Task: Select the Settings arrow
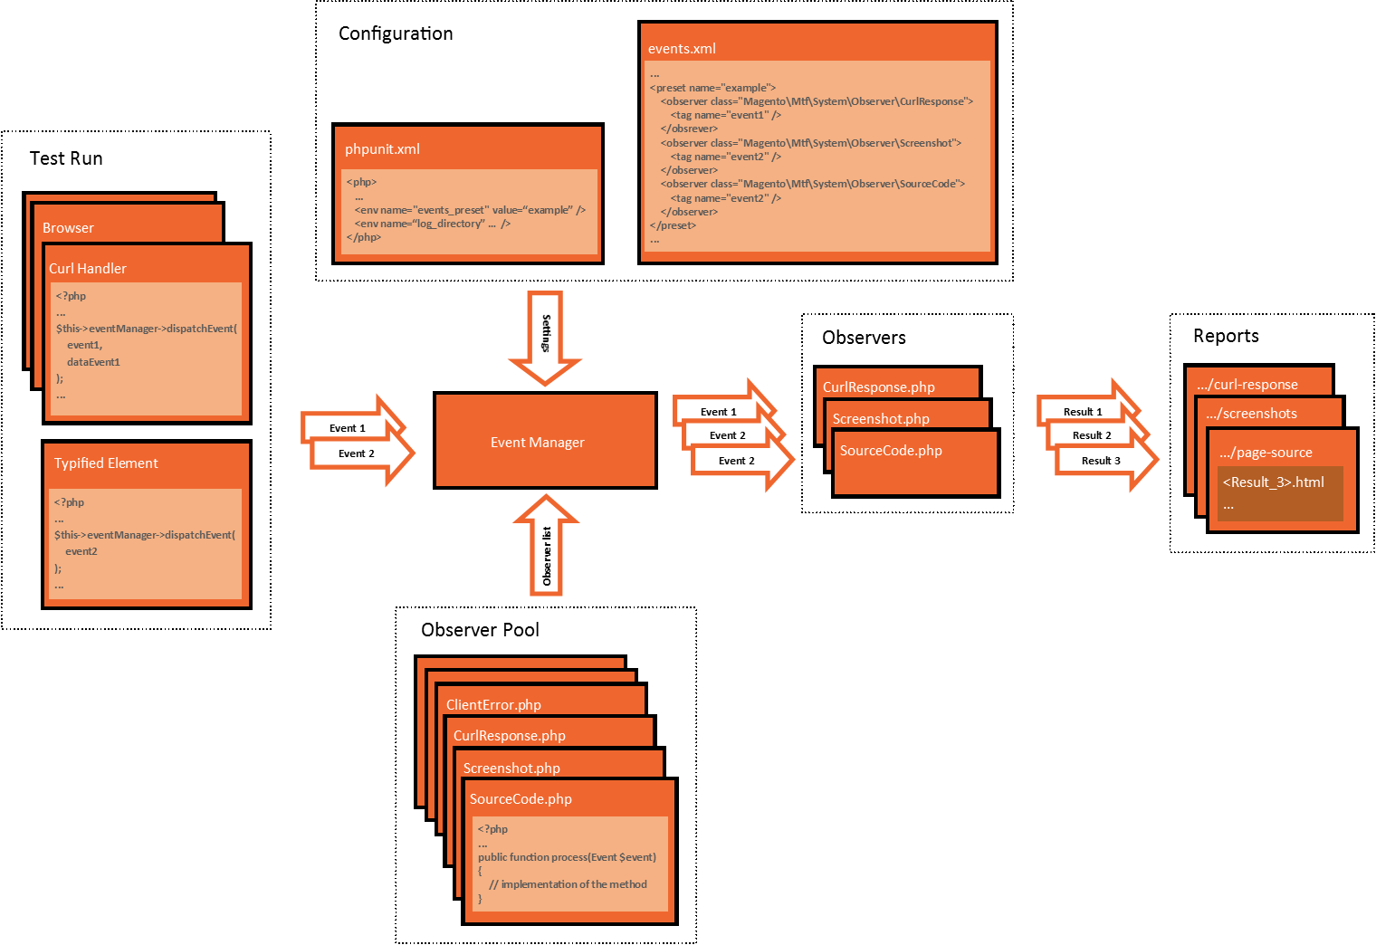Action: (x=545, y=335)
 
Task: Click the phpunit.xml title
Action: (x=382, y=149)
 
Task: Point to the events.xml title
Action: (x=682, y=49)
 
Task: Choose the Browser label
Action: (x=68, y=228)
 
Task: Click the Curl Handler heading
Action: (x=88, y=269)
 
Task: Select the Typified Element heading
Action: (x=106, y=463)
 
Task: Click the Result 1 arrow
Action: (x=1084, y=412)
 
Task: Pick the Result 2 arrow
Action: (x=1093, y=435)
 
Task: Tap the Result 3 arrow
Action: (x=1102, y=461)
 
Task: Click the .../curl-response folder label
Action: (x=1247, y=385)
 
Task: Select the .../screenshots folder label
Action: (x=1252, y=414)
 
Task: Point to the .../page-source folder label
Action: (x=1266, y=453)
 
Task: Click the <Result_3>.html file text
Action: (x=1273, y=482)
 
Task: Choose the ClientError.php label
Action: (x=493, y=705)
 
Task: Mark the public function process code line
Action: (x=567, y=857)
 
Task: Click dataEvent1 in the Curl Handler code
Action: (x=93, y=362)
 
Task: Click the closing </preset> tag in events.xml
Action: (x=673, y=225)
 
